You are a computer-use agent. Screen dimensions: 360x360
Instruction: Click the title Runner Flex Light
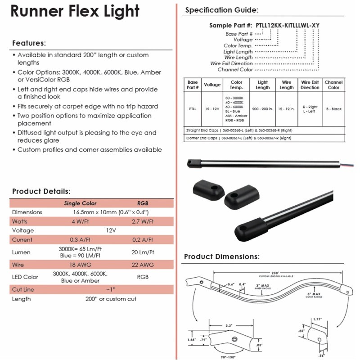pyautogui.click(x=75, y=12)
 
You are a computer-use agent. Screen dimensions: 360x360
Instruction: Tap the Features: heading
pyautogui.click(x=29, y=44)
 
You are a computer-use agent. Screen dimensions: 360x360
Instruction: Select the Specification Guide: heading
pyautogui.click(x=222, y=10)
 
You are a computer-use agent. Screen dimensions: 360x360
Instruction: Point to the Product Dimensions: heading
pyautogui.click(x=221, y=257)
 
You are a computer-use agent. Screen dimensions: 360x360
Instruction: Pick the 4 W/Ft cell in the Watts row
pyautogui.click(x=80, y=221)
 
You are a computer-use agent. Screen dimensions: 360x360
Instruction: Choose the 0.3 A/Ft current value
pyautogui.click(x=80, y=239)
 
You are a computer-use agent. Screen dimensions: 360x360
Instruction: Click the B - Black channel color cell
pyautogui.click(x=333, y=109)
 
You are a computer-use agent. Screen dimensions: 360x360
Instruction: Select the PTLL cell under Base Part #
pyautogui.click(x=193, y=109)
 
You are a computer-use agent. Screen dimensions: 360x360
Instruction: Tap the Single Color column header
pyautogui.click(x=80, y=203)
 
